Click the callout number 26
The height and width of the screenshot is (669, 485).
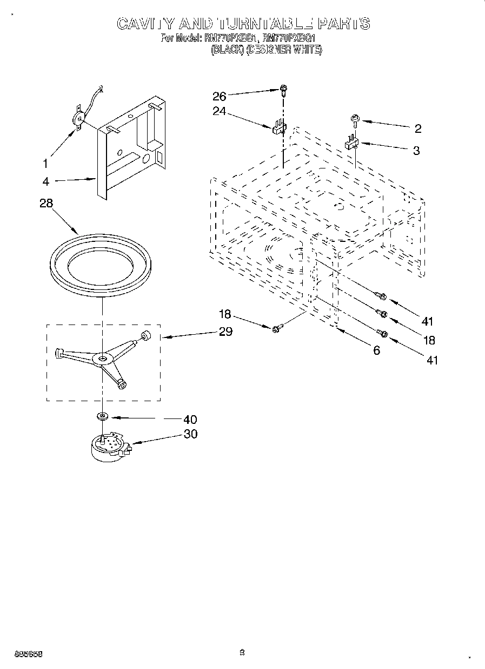click(219, 96)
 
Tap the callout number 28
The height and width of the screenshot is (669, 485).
click(47, 204)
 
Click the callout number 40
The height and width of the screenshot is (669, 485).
click(190, 418)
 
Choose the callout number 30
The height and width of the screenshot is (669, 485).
click(190, 434)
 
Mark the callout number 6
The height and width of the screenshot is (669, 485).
click(376, 350)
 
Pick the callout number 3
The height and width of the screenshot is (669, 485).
click(416, 151)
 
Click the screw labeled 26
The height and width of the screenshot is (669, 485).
click(284, 90)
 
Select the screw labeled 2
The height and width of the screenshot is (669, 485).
click(355, 119)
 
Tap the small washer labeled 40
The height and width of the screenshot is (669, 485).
click(101, 417)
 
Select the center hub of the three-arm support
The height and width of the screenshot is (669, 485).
click(101, 357)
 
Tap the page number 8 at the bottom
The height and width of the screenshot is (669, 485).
click(242, 653)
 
